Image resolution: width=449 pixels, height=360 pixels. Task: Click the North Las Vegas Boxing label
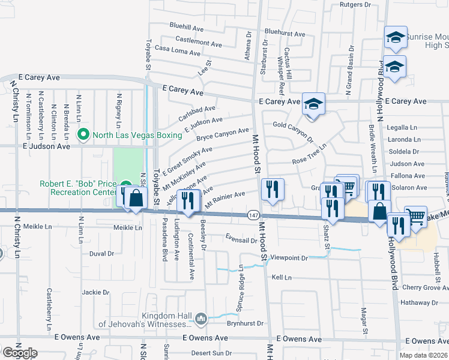[137, 134]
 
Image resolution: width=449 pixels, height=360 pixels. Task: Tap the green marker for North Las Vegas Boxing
[83, 134]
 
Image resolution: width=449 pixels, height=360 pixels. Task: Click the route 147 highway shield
[253, 215]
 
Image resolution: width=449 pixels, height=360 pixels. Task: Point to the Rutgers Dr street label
[355, 4]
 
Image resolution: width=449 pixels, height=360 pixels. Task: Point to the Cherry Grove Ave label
[426, 288]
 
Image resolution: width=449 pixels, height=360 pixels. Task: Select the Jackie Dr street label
[95, 293]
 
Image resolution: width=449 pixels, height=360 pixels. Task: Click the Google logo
[20, 352]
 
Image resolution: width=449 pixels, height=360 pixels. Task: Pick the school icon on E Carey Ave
[313, 104]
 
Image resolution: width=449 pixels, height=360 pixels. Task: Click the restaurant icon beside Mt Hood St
[273, 190]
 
